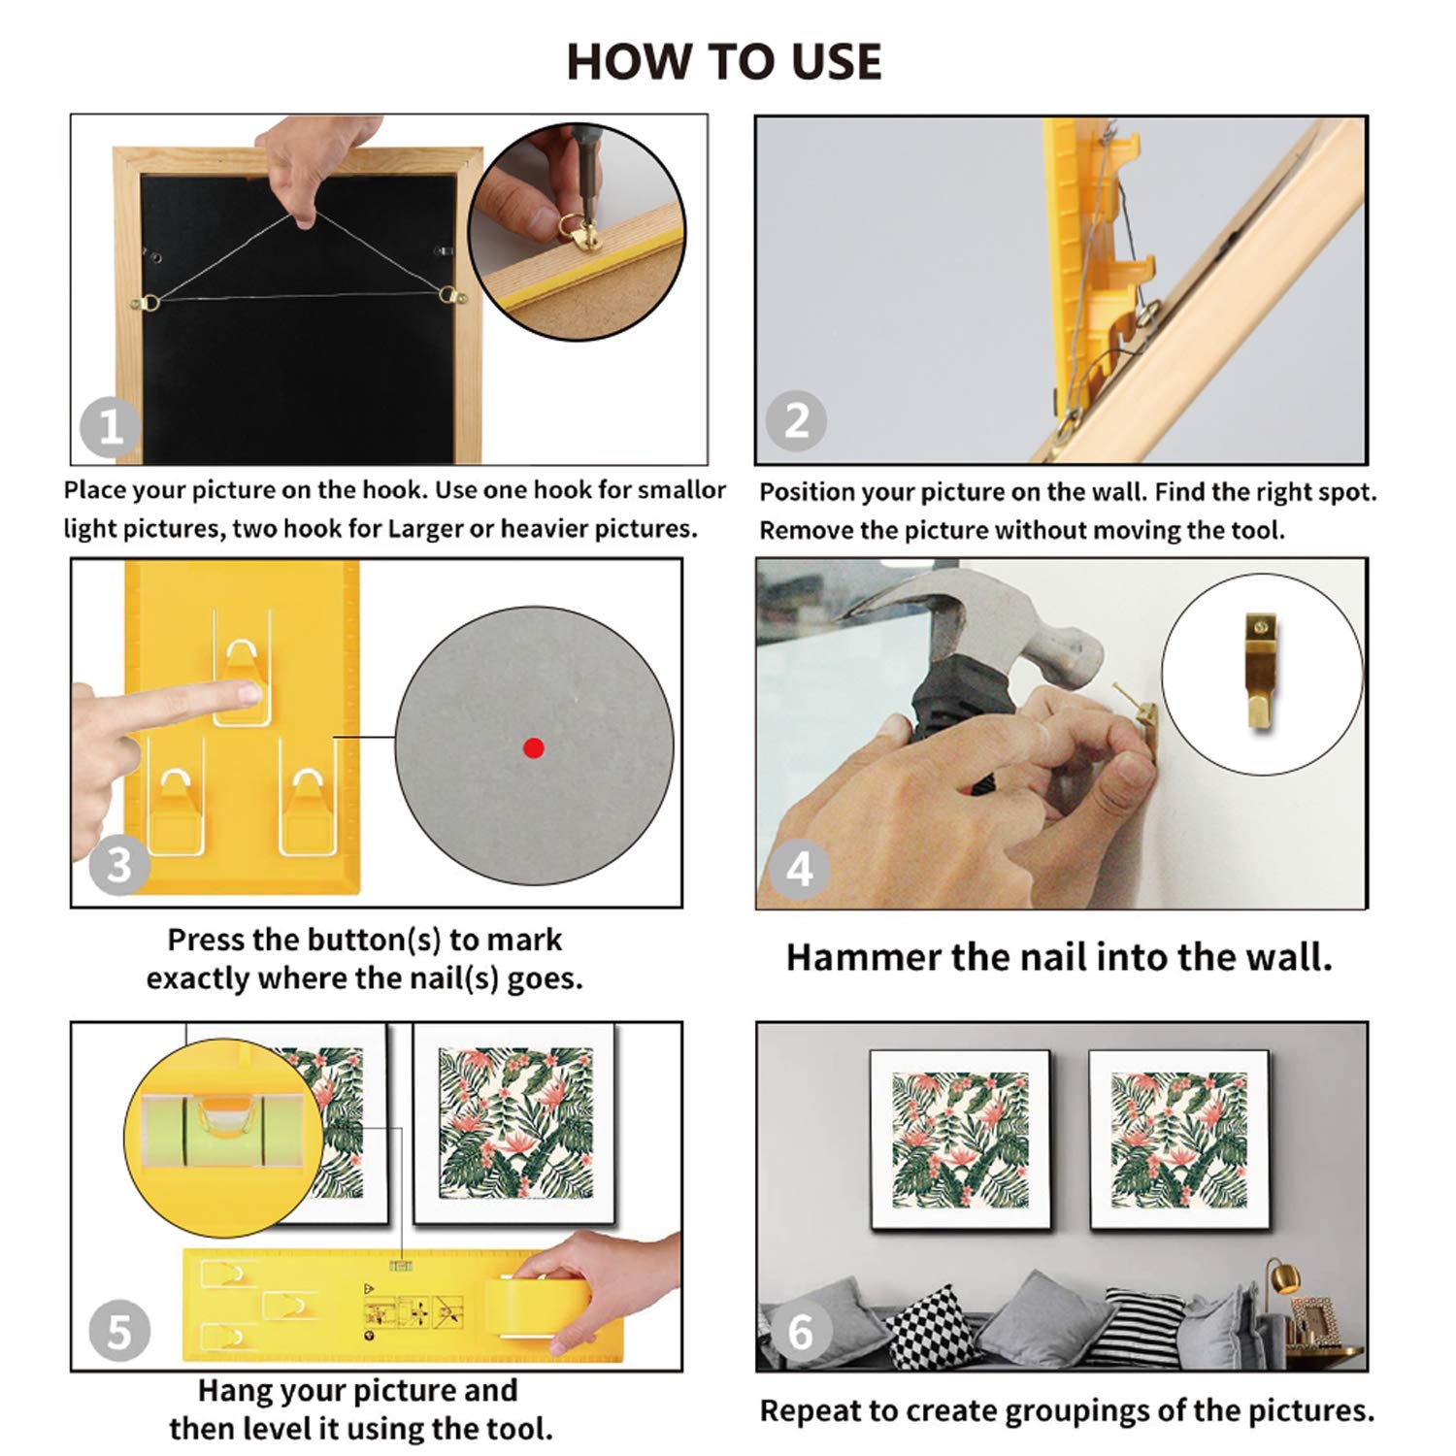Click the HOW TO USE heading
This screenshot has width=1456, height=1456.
pos(724,61)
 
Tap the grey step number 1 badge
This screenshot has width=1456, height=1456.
pos(110,427)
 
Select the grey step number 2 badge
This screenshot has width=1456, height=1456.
pos(796,420)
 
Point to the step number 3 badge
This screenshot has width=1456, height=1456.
pos(118,865)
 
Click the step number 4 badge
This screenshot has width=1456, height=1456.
pos(800,869)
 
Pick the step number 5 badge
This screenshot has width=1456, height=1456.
pos(118,1332)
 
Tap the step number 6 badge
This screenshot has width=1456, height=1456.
pos(800,1332)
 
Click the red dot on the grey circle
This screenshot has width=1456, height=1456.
pos(533,747)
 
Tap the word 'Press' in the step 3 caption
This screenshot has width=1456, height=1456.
pos(205,940)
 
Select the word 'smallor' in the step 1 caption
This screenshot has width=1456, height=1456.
pos(682,489)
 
